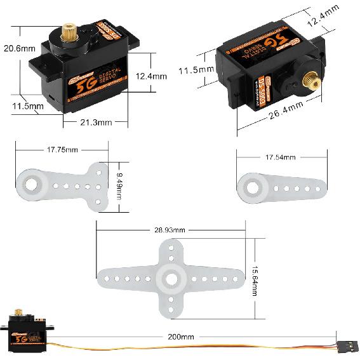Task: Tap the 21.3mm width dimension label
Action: tap(96, 122)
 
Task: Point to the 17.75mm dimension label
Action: tap(62, 150)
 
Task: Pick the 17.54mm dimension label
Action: tap(282, 157)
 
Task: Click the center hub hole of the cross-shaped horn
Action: tap(171, 277)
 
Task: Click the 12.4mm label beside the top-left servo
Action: tap(151, 76)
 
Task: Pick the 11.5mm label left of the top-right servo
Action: tap(196, 69)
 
